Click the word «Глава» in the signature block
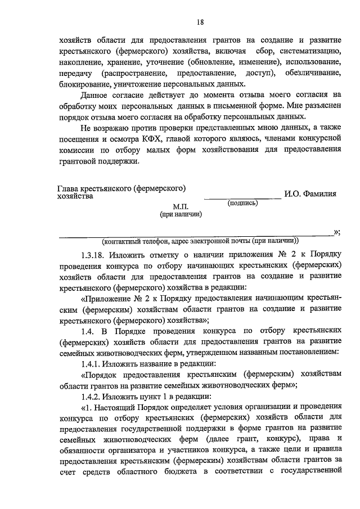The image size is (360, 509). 69,190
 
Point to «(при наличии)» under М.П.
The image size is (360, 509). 181,214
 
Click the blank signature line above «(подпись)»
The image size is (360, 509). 242,197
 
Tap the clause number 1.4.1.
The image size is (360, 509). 92,364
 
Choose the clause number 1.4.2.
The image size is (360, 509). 92,397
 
